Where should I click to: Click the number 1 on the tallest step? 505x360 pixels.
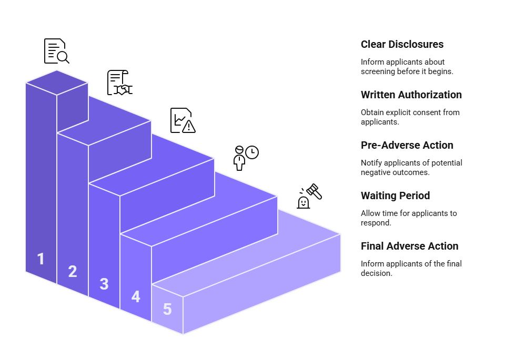point(41,259)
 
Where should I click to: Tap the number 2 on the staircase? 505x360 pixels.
point(73,271)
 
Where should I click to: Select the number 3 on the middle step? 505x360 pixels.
point(104,284)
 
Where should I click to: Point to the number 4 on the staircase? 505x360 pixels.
point(136,296)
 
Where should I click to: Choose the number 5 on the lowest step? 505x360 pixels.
point(167,309)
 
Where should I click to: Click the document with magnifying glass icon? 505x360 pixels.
point(56,51)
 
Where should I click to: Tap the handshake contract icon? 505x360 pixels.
point(119,83)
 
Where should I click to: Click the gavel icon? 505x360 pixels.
point(309,196)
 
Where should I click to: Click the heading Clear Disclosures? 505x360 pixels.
point(402,45)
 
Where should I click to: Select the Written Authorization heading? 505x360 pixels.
point(411,95)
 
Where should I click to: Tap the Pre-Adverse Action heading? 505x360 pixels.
point(407,146)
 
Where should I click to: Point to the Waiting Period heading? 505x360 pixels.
point(395,196)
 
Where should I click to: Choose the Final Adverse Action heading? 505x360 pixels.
point(409,246)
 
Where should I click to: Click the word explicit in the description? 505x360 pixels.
point(401,112)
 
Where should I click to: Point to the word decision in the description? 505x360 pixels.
point(376,273)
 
